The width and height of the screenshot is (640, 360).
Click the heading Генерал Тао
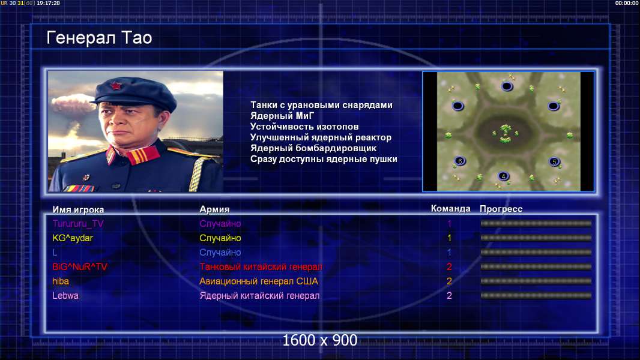[x=99, y=38]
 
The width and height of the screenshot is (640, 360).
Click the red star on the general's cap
[x=116, y=86]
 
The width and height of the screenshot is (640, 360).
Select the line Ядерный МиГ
[x=282, y=116]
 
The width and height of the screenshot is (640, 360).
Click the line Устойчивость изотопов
[x=304, y=127]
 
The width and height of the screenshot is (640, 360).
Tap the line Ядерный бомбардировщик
[x=313, y=148]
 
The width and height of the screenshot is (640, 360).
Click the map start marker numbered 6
[x=460, y=161]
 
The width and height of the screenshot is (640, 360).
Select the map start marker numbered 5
[x=554, y=161]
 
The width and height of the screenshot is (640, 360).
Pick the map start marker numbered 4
[x=504, y=176]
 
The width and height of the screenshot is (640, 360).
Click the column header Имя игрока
[x=79, y=209]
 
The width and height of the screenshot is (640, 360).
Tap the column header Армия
[x=215, y=209]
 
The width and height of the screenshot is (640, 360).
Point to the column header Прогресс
[x=501, y=209]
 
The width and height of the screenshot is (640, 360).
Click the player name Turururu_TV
[x=78, y=223]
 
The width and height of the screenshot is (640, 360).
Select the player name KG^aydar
[x=73, y=238]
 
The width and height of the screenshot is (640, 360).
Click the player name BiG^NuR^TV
[x=80, y=266]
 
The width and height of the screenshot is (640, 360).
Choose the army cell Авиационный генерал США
[x=259, y=281]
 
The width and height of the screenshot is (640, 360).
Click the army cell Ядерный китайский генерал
[x=259, y=296]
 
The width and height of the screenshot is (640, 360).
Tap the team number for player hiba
[x=449, y=281]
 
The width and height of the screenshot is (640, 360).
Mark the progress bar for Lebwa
[x=536, y=296]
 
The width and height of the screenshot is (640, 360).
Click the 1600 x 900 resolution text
[x=320, y=340]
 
